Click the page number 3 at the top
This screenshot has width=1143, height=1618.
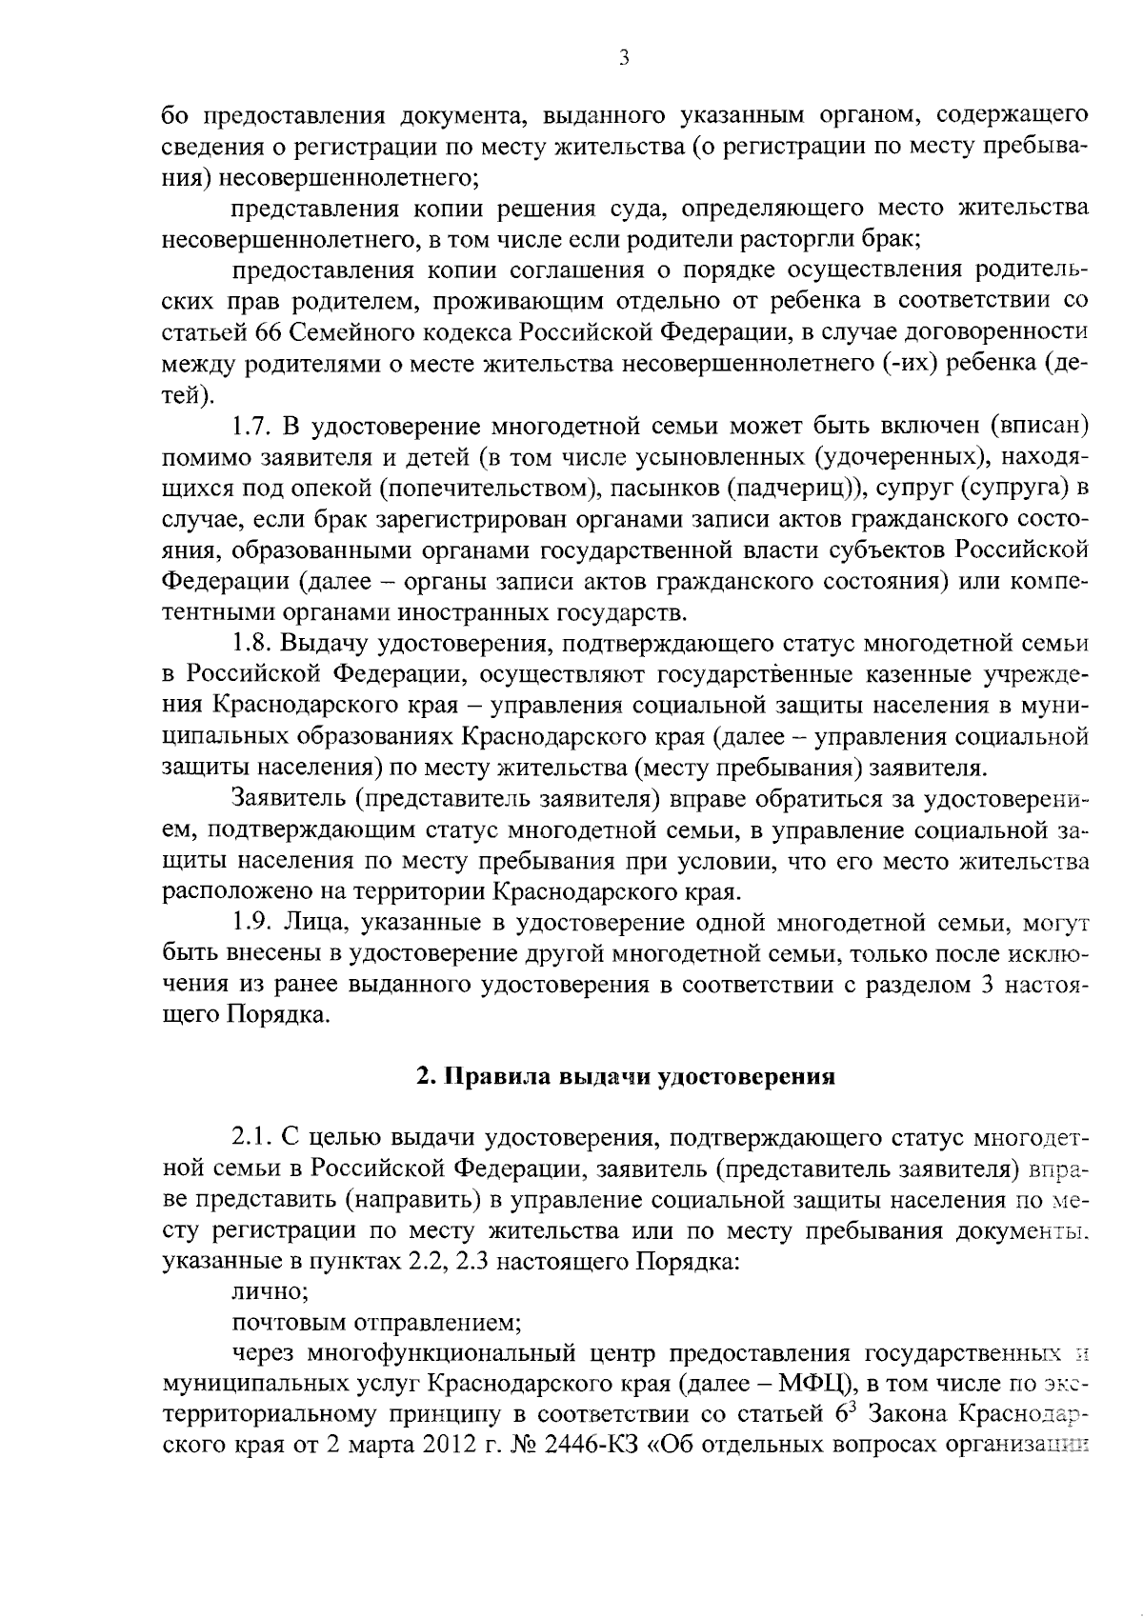(x=623, y=58)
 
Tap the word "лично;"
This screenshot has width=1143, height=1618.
(x=270, y=1292)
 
